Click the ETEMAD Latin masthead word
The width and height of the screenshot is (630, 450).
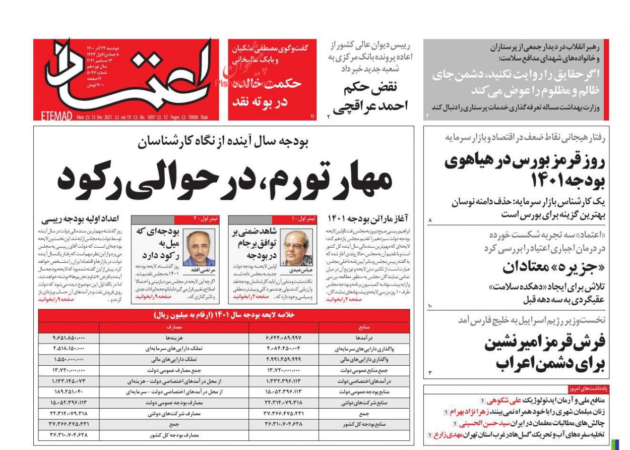[x=55, y=117]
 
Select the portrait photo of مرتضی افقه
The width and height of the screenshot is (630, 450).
[x=199, y=247]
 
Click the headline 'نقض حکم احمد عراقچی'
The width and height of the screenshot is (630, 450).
[x=371, y=96]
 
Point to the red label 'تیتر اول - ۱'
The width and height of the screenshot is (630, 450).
[x=305, y=218]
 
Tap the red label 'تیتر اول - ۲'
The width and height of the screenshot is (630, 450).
[x=208, y=218]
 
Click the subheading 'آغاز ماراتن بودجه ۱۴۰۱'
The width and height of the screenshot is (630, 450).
[x=368, y=218]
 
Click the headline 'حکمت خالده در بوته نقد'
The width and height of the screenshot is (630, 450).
[x=266, y=92]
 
